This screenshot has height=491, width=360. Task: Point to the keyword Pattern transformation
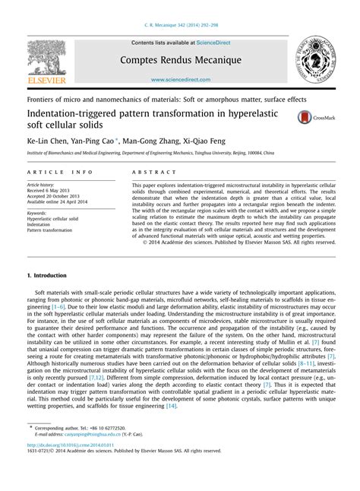(x=53, y=230)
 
